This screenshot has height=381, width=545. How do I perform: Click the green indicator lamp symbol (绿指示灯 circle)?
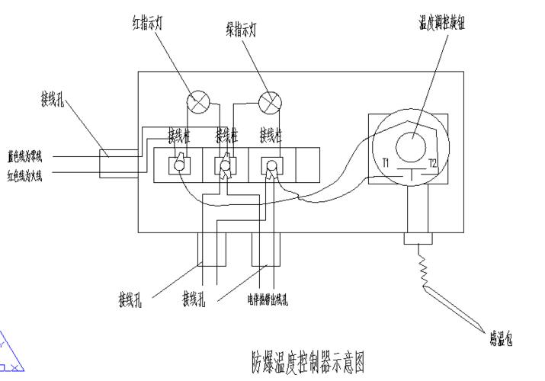click(270, 101)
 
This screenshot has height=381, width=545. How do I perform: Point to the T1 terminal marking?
click(386, 162)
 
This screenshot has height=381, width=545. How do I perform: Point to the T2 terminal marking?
click(432, 162)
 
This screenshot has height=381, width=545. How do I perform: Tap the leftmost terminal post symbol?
click(179, 164)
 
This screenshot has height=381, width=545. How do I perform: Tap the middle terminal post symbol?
click(225, 165)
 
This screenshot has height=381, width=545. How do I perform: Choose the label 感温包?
click(499, 338)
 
